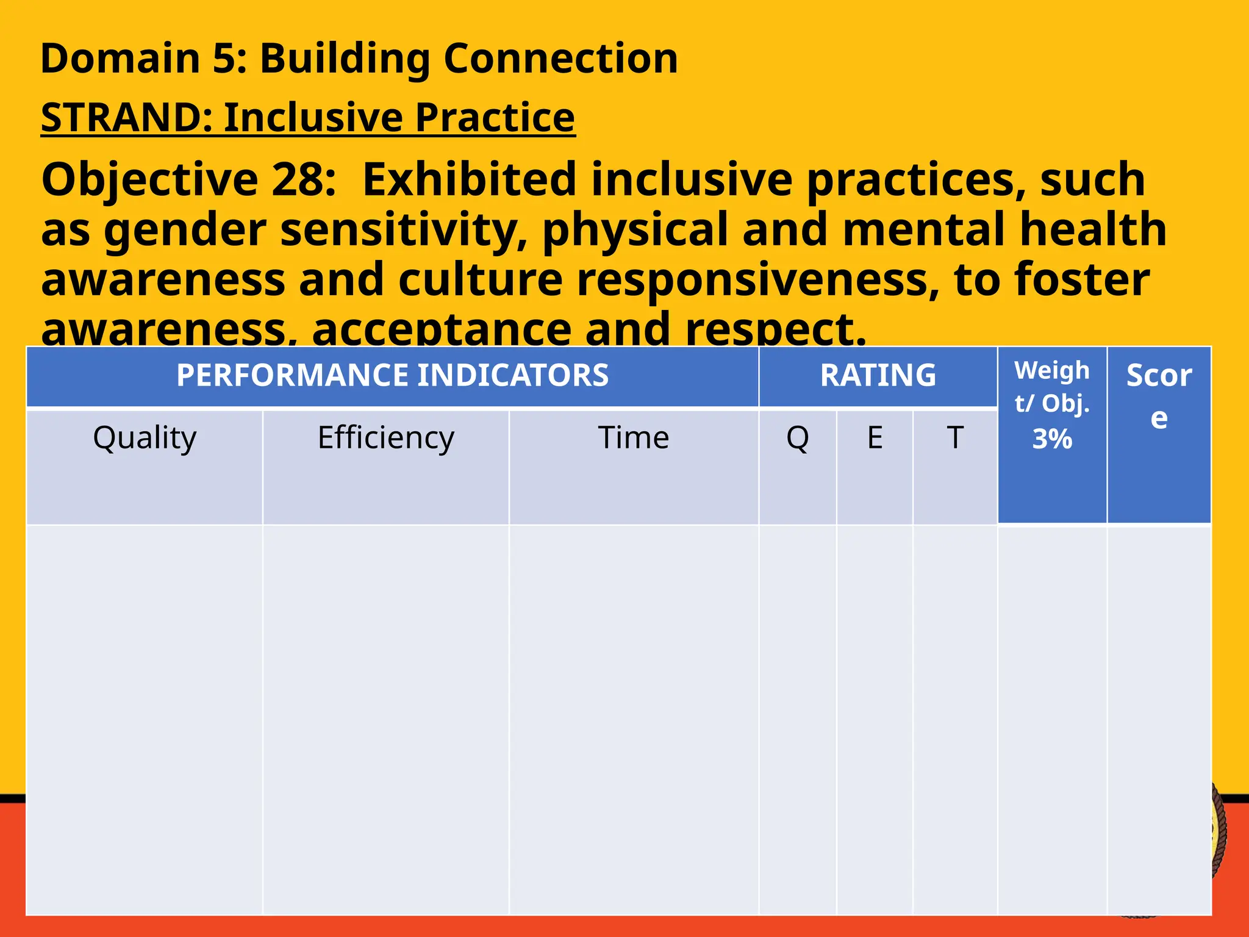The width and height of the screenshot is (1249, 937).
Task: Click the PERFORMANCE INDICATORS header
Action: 392,375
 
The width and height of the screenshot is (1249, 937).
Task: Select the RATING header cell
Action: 878,375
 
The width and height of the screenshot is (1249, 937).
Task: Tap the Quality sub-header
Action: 145,438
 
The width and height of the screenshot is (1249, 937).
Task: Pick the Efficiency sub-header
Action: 385,438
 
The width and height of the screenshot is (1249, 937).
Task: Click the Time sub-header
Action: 633,438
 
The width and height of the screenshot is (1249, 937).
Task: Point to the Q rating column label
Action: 797,438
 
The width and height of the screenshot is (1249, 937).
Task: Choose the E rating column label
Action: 875,438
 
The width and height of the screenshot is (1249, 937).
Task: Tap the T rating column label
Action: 954,438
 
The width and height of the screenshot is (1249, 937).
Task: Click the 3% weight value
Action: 1052,439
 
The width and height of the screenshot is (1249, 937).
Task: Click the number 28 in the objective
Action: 303,180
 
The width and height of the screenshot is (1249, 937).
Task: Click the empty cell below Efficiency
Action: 385,720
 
